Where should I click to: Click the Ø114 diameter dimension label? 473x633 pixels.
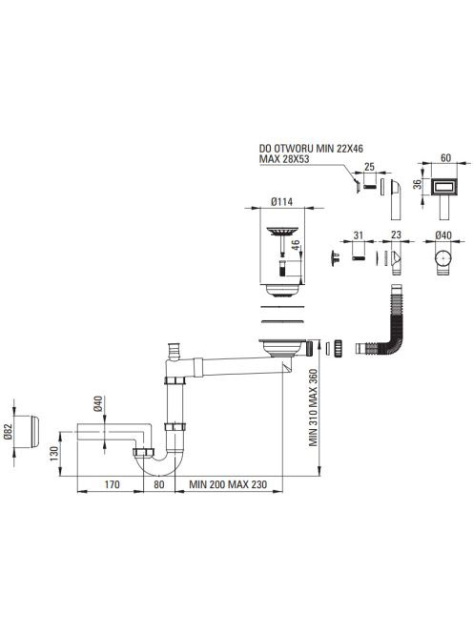[x=282, y=201]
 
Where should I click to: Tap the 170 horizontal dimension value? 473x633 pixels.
[x=112, y=484]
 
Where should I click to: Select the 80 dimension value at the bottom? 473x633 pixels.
[x=159, y=484]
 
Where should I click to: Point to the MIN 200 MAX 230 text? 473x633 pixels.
[x=228, y=484]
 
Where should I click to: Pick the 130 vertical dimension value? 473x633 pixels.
[x=54, y=451]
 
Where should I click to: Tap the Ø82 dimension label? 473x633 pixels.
[x=9, y=431]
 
